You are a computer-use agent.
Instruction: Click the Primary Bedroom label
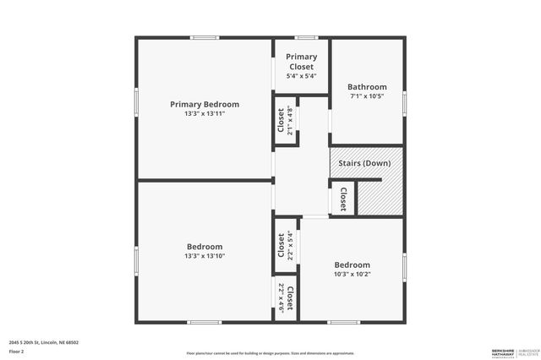click(x=205, y=105)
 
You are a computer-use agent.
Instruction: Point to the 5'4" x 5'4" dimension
click(x=301, y=76)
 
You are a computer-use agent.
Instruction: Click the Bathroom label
click(x=367, y=87)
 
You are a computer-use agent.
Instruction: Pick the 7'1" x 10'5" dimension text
click(x=367, y=96)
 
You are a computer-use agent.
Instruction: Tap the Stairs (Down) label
click(x=364, y=162)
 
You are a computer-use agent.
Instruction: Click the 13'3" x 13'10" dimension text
click(x=205, y=256)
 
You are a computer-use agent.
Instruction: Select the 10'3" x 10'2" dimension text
click(x=352, y=274)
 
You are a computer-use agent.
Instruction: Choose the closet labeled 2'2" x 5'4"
click(x=286, y=246)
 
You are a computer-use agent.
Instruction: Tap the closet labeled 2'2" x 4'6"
click(x=286, y=297)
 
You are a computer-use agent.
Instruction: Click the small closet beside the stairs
click(x=342, y=199)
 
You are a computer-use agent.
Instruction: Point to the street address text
click(x=44, y=342)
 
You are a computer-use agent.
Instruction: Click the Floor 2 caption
click(x=16, y=351)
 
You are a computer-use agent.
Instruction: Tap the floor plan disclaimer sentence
click(x=270, y=352)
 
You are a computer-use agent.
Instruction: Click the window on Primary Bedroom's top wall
click(x=205, y=37)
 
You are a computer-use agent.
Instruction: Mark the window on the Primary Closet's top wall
click(x=305, y=37)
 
